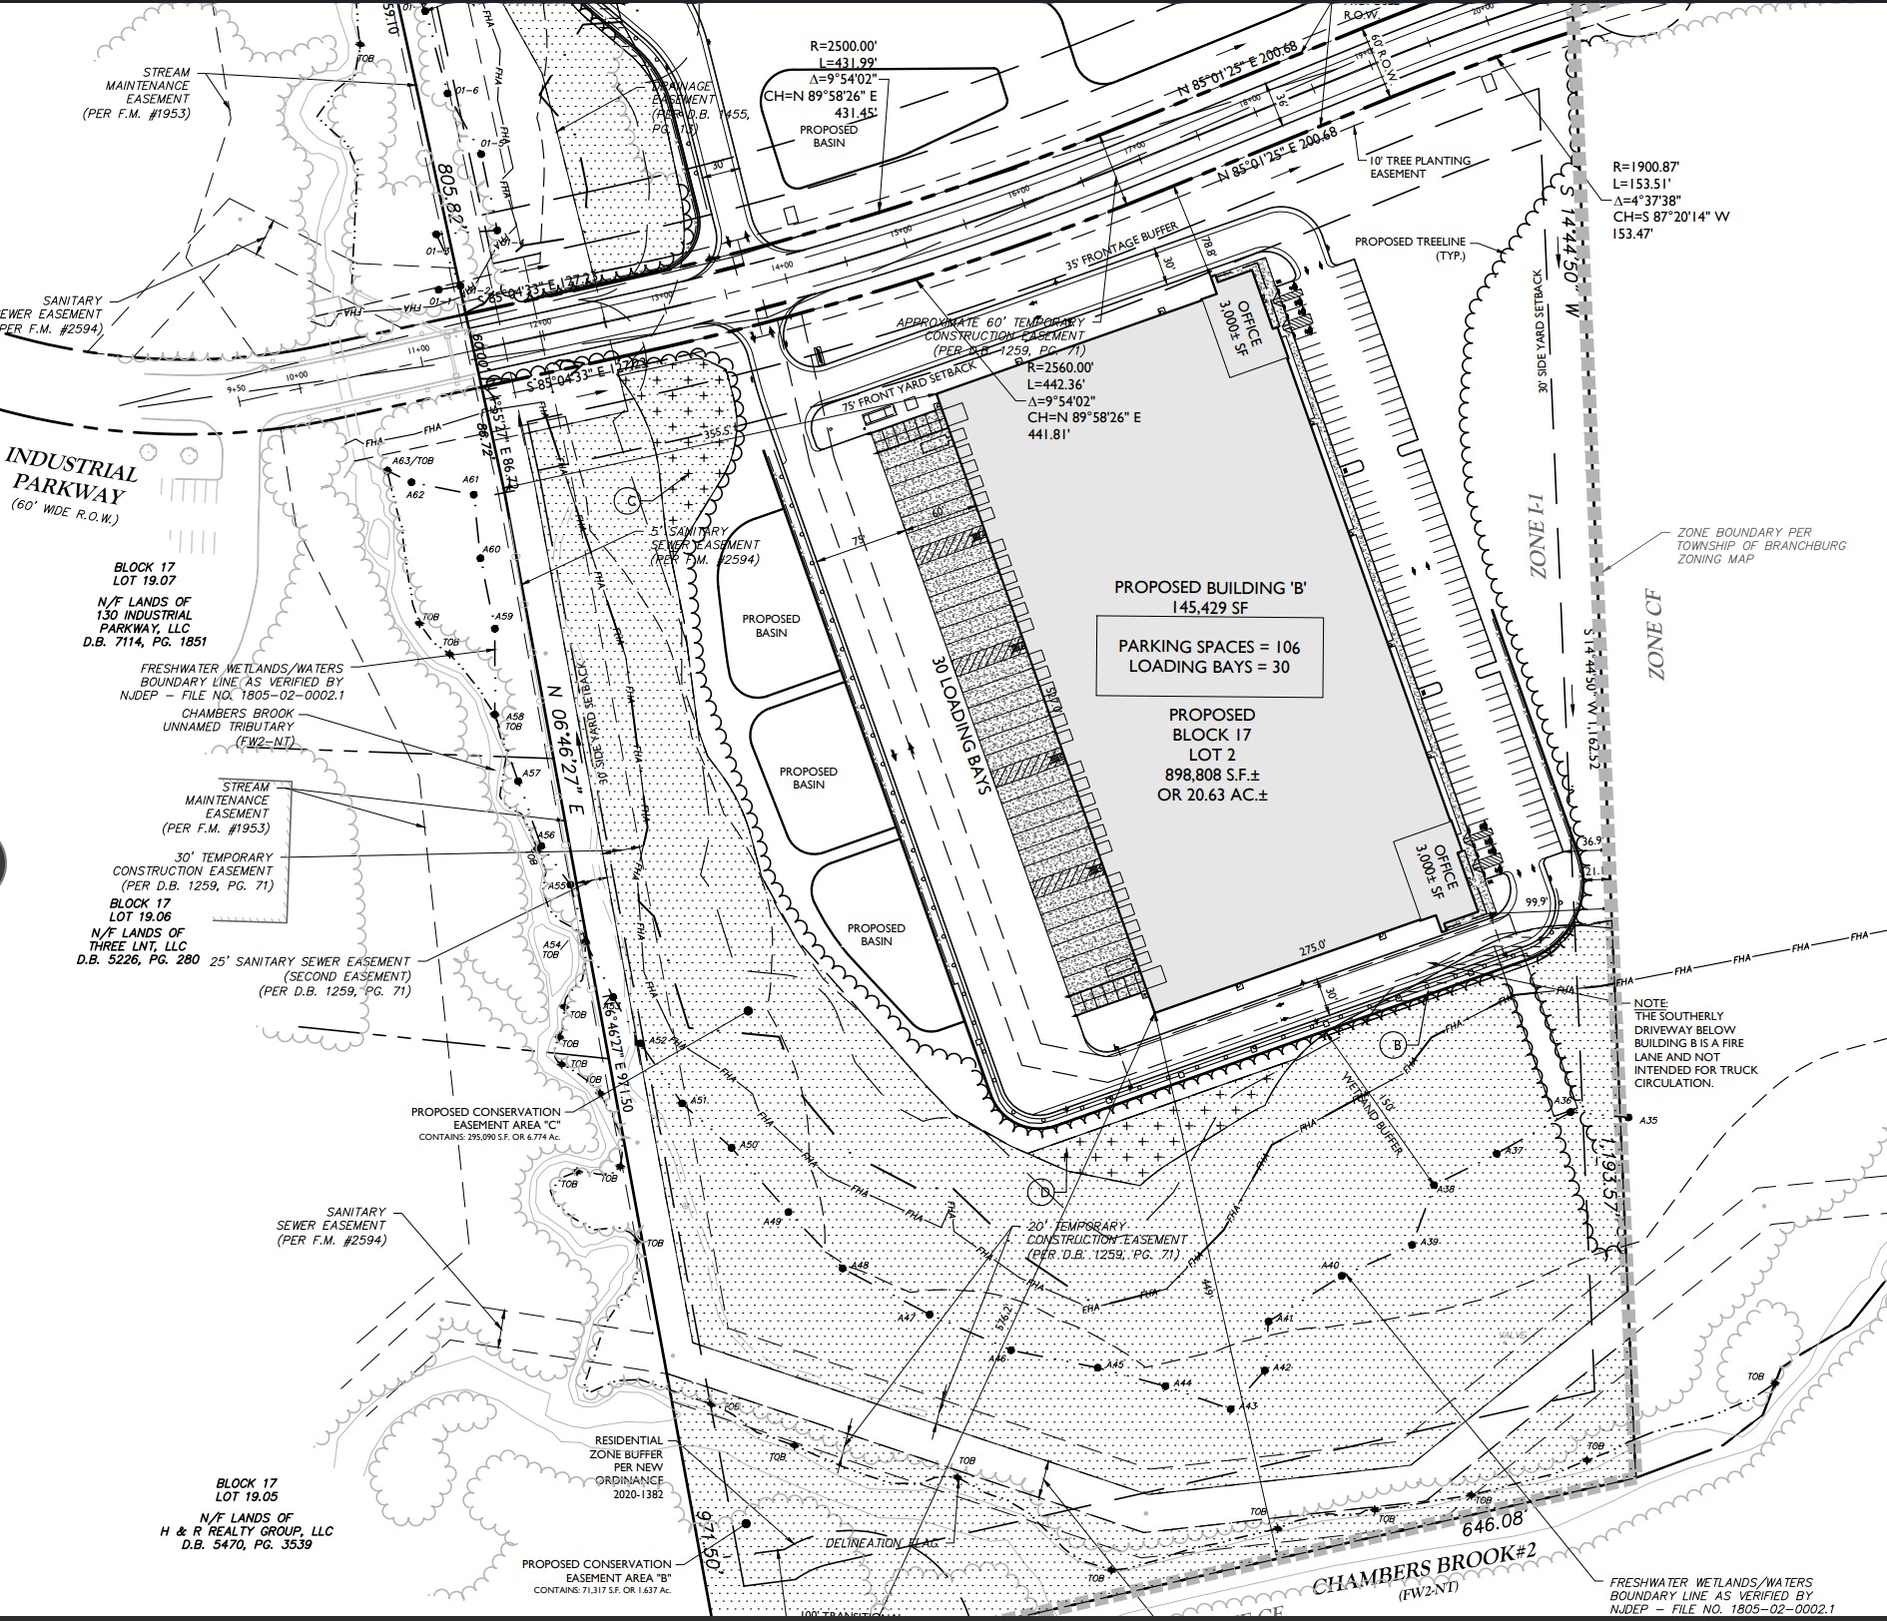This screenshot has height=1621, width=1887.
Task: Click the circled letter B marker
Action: pyautogui.click(x=1395, y=1046)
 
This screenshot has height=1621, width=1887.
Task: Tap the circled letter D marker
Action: pyautogui.click(x=1042, y=1191)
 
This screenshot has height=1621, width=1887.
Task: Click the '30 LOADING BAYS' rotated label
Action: pyautogui.click(x=960, y=725)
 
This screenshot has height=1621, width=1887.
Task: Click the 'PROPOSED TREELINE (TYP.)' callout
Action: pyautogui.click(x=1411, y=249)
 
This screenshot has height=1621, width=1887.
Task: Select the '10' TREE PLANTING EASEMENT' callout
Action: pyautogui.click(x=1420, y=167)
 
